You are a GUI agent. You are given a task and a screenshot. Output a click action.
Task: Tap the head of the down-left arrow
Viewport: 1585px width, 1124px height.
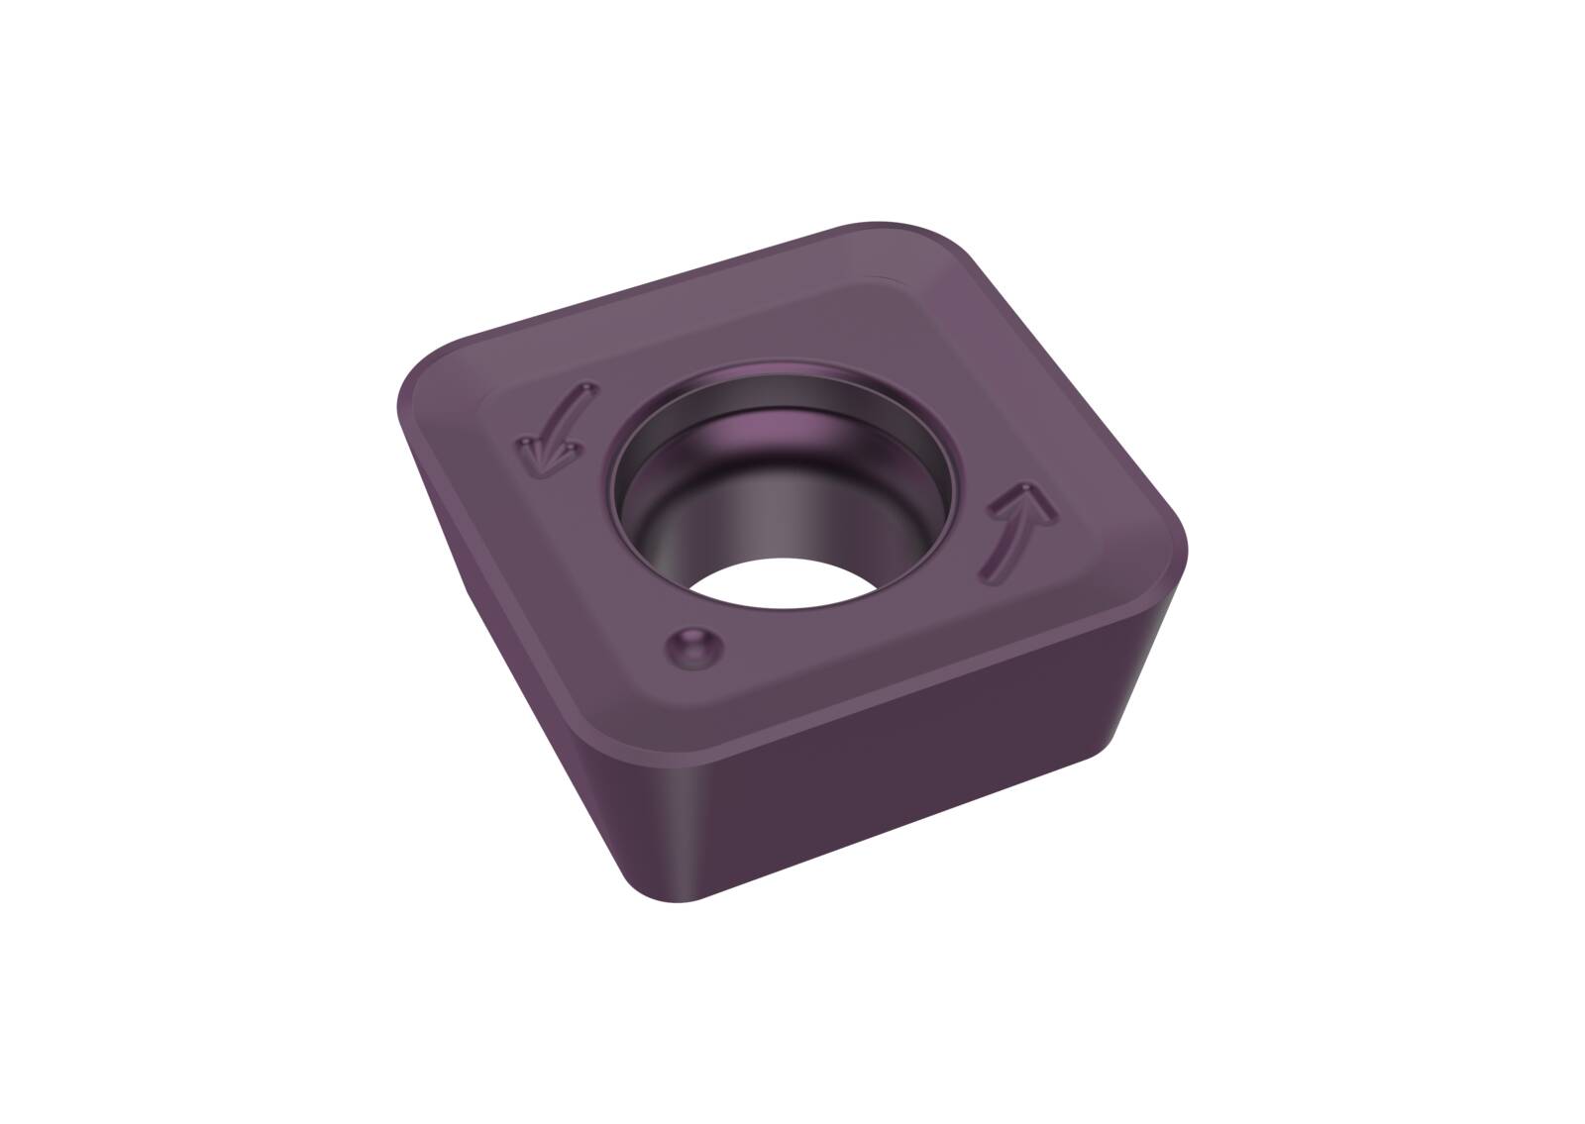click(538, 454)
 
